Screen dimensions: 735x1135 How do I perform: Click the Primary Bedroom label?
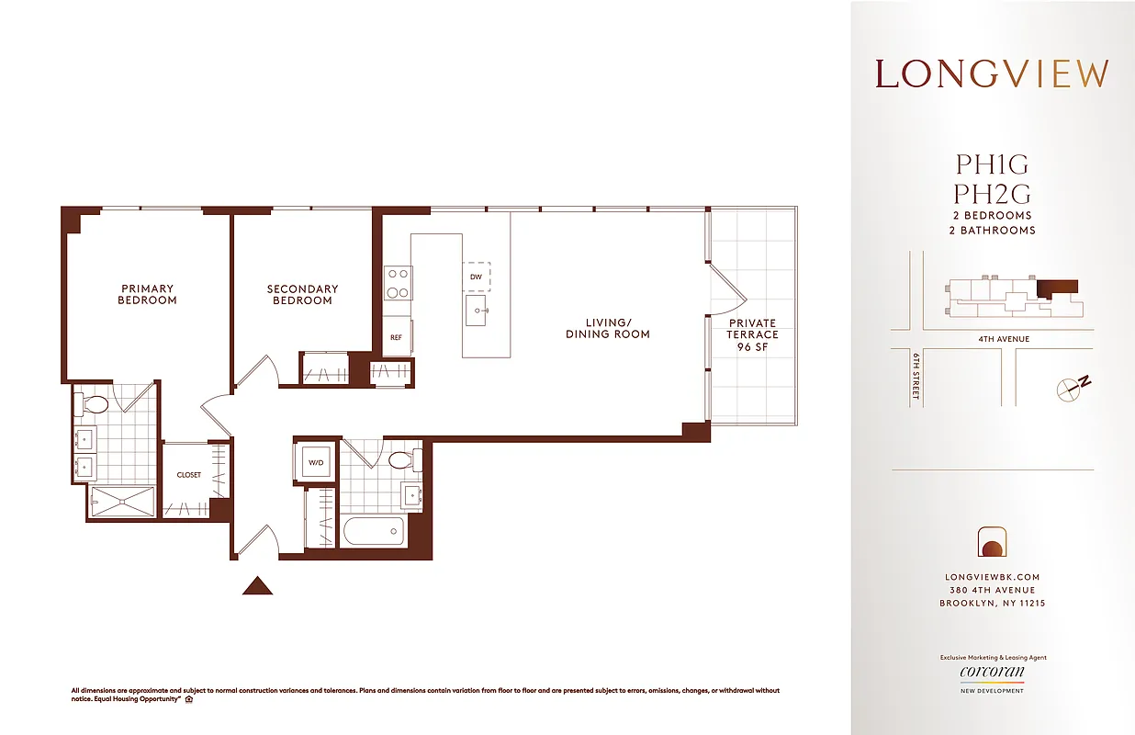coord(147,295)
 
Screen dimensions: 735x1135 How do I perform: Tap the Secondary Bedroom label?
coord(302,295)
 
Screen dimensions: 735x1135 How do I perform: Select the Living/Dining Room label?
coord(607,328)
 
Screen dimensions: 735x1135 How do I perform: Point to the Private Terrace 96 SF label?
coord(752,334)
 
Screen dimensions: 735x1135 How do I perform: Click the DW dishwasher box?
coord(476,277)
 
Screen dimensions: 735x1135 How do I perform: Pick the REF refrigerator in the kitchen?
coord(397,337)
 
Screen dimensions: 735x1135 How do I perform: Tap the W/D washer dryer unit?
coord(314,462)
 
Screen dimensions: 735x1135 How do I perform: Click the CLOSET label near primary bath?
coord(189,475)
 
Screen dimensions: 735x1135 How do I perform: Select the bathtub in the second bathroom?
coord(372,531)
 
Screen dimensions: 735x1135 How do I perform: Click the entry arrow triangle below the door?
coord(257,585)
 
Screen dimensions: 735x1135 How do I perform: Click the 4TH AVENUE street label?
coord(1003,339)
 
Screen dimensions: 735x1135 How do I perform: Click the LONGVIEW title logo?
coord(992,73)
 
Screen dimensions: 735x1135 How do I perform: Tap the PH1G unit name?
coord(992,165)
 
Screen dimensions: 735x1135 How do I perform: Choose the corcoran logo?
coord(992,672)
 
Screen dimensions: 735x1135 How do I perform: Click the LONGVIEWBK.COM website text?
coord(992,577)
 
